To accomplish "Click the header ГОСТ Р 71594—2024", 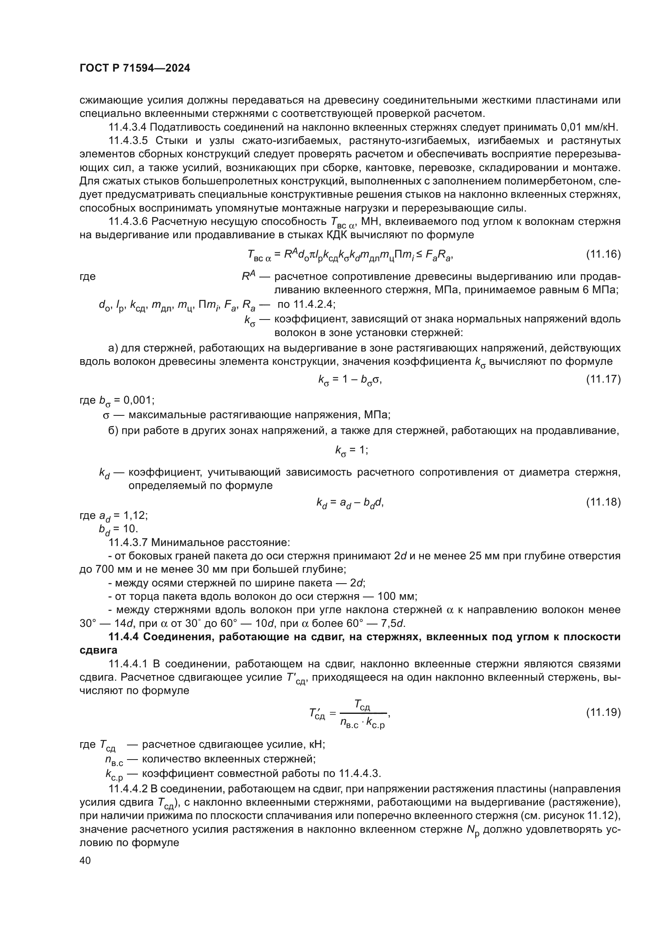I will point(135,68).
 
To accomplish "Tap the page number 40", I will point(85,861).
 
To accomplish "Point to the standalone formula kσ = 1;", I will point(351,450).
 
